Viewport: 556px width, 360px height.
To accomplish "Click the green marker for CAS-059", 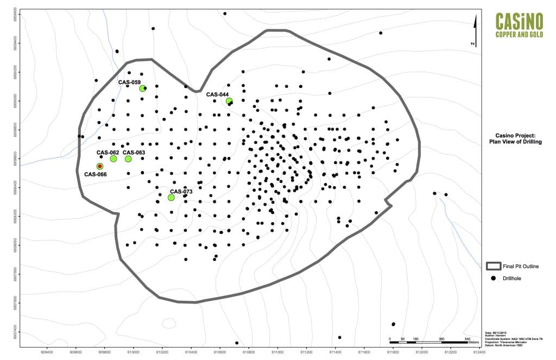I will point(142,89).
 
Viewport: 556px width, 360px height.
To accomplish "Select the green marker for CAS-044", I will point(229,101).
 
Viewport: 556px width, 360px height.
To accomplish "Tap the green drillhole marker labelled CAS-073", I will point(171,198).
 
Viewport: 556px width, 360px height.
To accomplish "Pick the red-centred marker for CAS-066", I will point(100,166).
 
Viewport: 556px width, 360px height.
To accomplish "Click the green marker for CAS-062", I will point(113,159).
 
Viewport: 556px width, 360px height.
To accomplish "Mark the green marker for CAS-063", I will point(128,159).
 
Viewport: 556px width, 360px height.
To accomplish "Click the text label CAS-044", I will point(217,94).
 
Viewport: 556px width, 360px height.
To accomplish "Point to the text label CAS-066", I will point(95,174).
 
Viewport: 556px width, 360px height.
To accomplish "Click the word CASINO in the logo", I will point(519,22).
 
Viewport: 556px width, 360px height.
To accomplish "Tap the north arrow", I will point(475,30).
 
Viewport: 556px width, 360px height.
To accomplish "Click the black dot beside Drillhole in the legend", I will point(494,279).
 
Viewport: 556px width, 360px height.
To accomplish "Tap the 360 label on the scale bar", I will point(441,339).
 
